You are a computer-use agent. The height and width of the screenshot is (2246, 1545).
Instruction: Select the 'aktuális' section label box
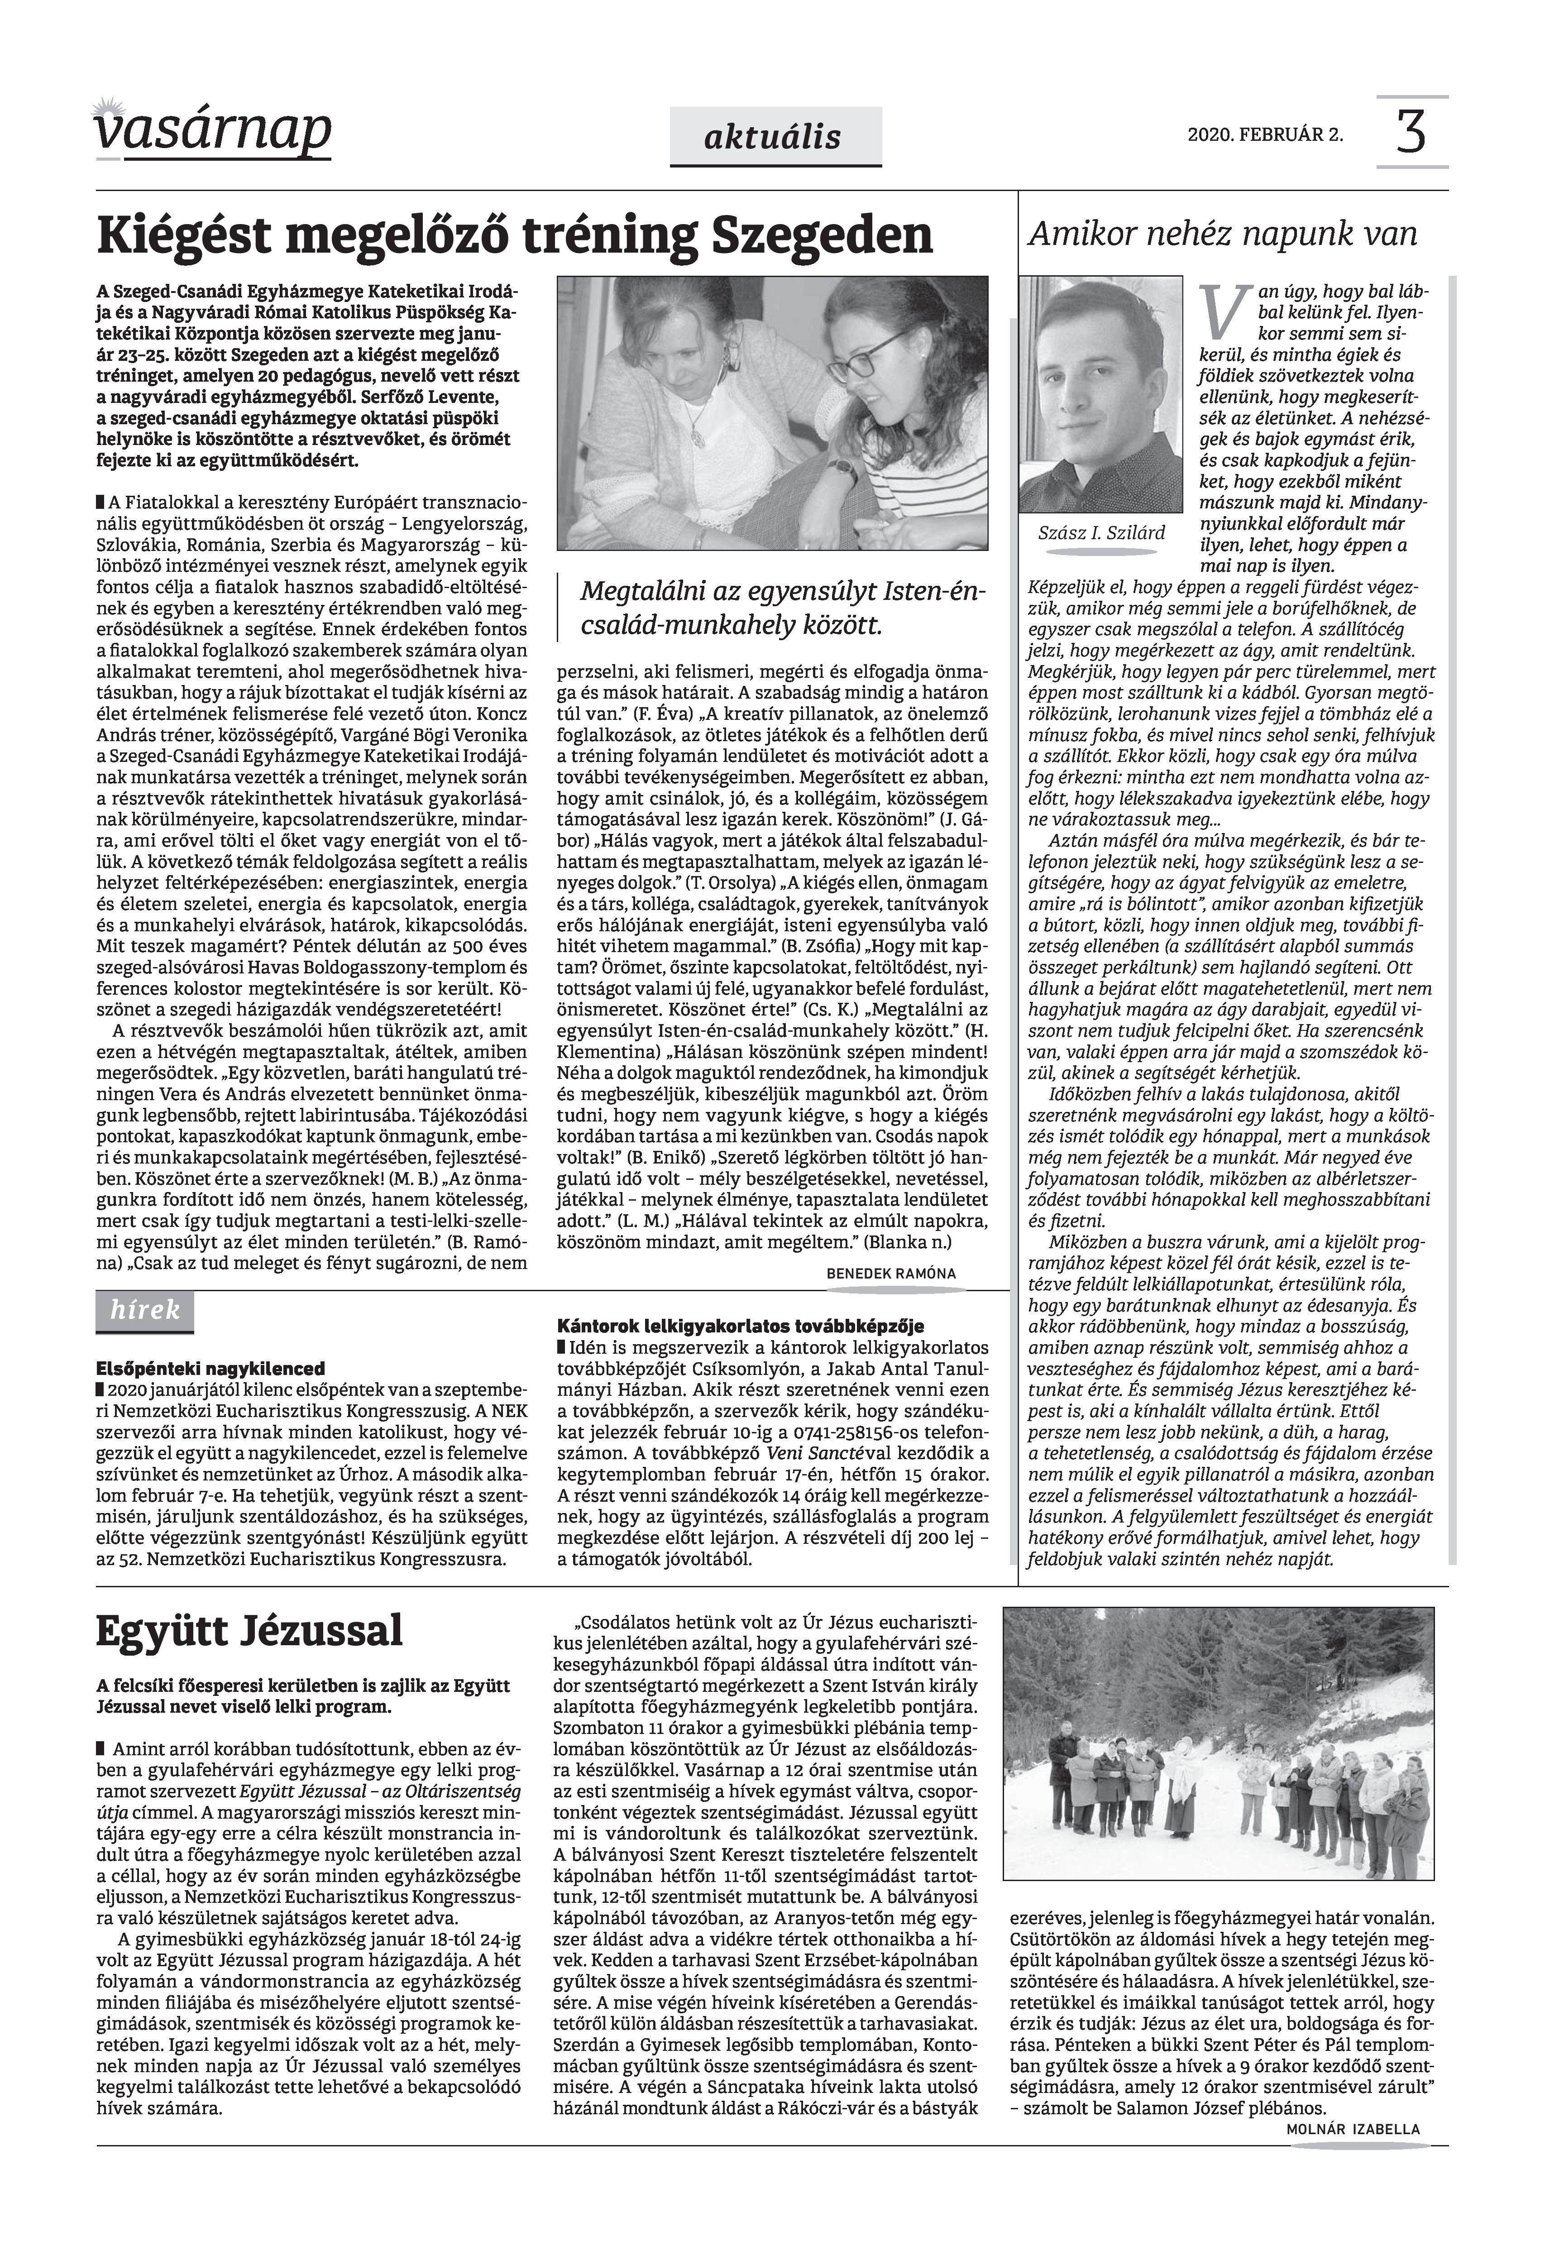coord(775,138)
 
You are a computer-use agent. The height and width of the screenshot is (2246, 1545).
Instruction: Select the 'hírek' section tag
coord(145,1311)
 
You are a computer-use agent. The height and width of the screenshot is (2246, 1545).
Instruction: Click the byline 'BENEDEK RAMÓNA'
coord(890,1274)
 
